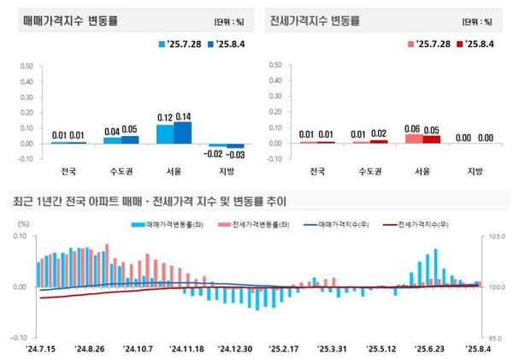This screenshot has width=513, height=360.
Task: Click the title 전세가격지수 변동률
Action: [315, 20]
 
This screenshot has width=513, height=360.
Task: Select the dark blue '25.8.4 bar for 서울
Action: [182, 133]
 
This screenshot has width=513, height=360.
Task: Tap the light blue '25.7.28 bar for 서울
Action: [164, 134]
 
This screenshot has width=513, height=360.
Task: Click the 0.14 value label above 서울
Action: [182, 115]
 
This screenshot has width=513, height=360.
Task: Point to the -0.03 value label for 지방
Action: [234, 155]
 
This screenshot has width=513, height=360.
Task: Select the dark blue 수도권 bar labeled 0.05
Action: [130, 139]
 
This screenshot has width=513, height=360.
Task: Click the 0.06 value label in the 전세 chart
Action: [414, 127]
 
